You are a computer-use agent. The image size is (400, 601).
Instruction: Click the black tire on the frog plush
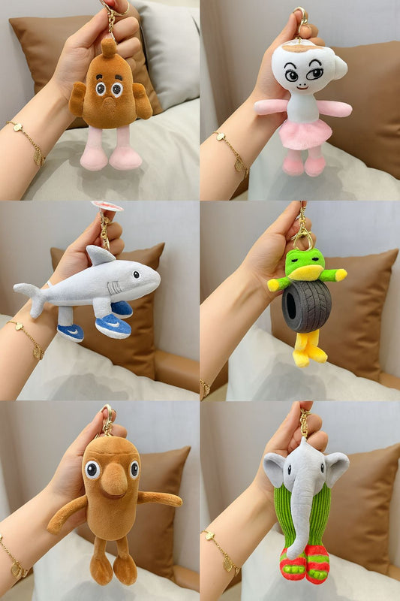tap(306, 306)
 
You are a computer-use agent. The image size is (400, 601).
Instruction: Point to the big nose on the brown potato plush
tap(114, 481)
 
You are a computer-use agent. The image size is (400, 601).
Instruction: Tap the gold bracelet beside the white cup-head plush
tap(232, 153)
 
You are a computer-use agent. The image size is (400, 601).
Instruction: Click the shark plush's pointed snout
tap(155, 278)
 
